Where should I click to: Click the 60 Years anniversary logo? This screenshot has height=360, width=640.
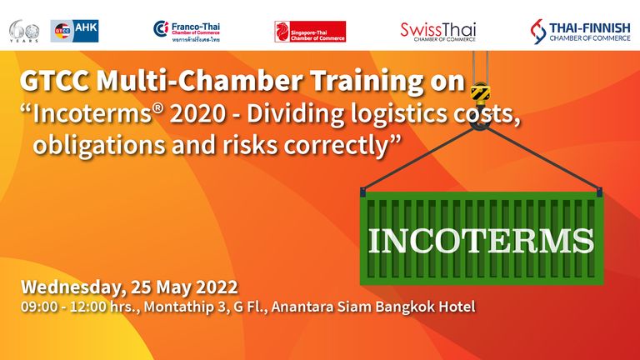[x=24, y=31]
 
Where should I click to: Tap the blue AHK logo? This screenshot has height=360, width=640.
[x=74, y=31]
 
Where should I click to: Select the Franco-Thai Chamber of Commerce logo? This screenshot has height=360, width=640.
[x=187, y=32]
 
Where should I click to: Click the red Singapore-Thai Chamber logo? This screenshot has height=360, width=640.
[x=310, y=32]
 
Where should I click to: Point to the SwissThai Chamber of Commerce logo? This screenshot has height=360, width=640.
[x=438, y=32]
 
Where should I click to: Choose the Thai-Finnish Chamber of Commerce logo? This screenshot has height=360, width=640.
[x=580, y=32]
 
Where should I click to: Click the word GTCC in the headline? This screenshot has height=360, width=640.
[x=55, y=81]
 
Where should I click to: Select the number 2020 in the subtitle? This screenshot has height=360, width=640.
[x=198, y=114]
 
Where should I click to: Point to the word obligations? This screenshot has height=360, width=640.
[x=99, y=145]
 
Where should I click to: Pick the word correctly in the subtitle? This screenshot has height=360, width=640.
[x=336, y=146]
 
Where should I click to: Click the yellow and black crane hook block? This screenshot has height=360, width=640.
[x=480, y=93]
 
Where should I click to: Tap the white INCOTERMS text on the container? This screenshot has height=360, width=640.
[x=481, y=241]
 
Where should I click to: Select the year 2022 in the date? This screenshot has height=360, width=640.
[x=217, y=287]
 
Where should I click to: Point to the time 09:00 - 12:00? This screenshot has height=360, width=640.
[x=64, y=307]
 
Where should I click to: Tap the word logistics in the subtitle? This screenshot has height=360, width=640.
[x=398, y=115]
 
